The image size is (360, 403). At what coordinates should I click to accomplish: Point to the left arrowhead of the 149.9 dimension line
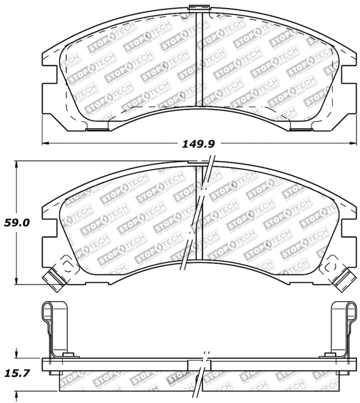pos(45,144)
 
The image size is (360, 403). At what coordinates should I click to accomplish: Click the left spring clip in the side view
pos(55,327)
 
